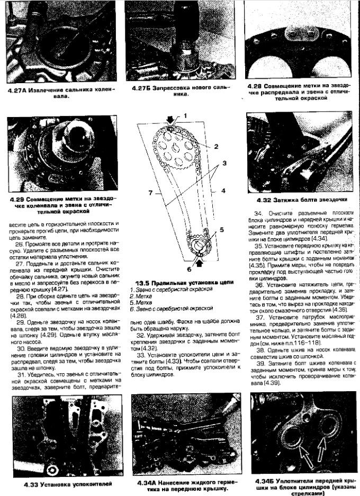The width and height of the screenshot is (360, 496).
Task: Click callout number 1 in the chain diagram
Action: click(186, 115)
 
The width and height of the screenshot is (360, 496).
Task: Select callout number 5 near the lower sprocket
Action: click(222, 230)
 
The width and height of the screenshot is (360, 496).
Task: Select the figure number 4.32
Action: click(263, 200)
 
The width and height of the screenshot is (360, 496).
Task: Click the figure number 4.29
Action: click(19, 199)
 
